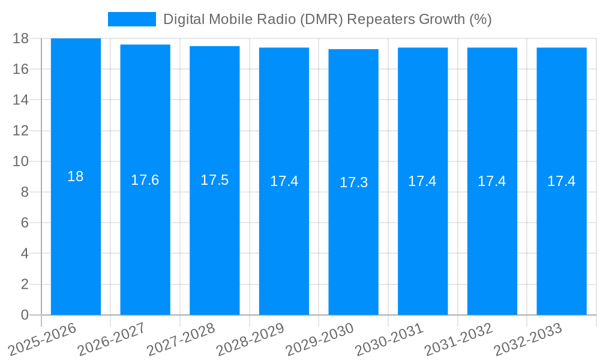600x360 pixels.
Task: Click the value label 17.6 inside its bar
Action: coord(145,180)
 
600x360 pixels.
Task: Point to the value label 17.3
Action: coord(353,182)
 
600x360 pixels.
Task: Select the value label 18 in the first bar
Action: coord(76,176)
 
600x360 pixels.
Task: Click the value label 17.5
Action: coord(214,180)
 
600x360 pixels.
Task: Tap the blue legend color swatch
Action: coord(131,19)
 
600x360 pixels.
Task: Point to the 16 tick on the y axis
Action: coord(20,69)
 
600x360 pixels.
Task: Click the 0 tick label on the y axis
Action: coord(25,315)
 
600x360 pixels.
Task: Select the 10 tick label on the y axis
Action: coord(20,161)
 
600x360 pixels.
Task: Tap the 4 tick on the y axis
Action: coord(25,253)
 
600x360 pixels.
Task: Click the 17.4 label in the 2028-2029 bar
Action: coord(284,181)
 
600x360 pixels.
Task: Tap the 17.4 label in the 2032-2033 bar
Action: coord(562,181)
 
